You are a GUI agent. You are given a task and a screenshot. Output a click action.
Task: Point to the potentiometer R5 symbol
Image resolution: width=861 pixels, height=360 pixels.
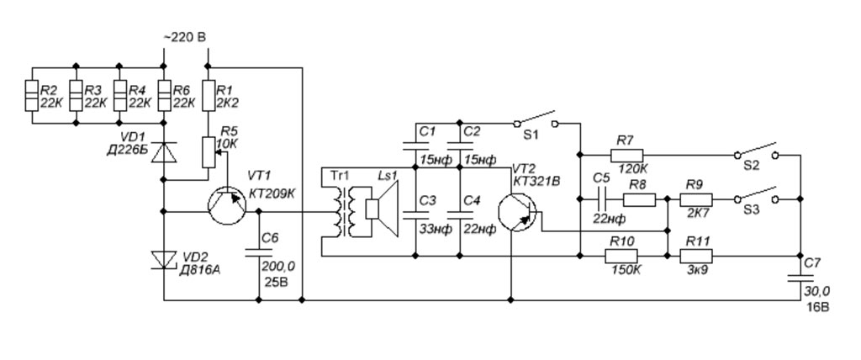point(208,151)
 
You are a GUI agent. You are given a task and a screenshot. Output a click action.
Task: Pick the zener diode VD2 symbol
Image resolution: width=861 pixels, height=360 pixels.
point(164,260)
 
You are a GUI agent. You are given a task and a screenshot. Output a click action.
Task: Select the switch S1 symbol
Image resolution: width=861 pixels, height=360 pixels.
point(539,119)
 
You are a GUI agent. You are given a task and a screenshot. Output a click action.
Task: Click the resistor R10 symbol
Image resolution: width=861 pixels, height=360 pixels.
point(623,255)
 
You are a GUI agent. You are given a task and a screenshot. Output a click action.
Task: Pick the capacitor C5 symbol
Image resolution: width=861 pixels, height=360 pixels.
point(600,199)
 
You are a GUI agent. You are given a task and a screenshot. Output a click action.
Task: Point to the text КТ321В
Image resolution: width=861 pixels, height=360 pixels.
point(532,182)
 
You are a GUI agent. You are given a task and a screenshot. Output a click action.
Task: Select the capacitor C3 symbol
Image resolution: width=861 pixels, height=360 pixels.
point(416,214)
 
